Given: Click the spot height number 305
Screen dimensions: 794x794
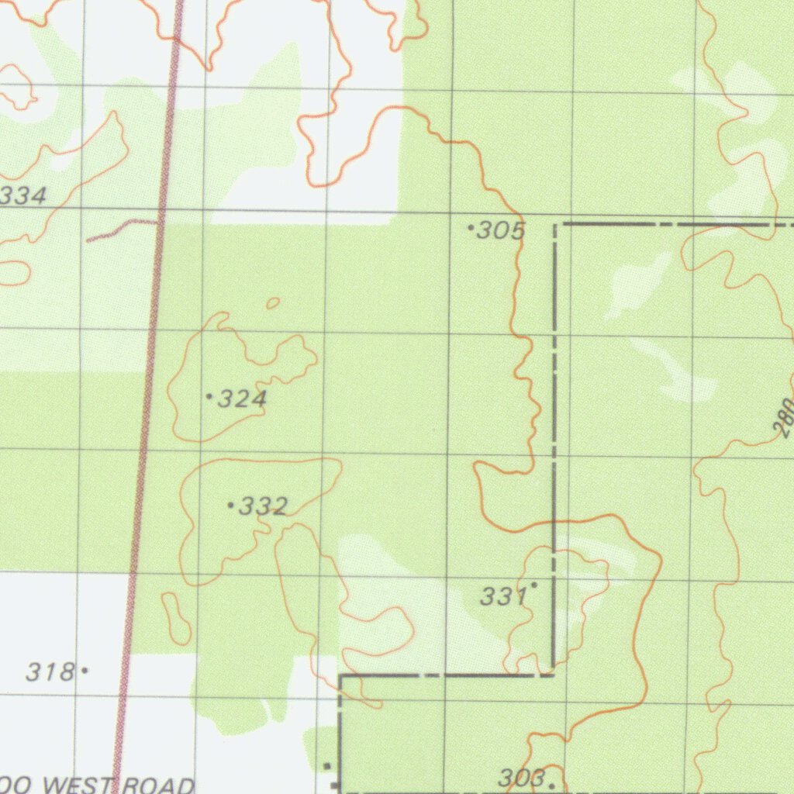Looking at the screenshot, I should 501,230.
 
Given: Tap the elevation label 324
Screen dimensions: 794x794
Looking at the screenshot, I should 242,399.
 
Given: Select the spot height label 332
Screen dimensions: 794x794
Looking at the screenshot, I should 264,507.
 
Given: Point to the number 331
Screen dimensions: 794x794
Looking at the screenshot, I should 503,596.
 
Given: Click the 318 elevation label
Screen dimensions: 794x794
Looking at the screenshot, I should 50,671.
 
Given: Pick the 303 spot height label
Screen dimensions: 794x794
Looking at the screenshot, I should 521,778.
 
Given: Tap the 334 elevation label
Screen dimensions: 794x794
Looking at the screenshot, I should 23,195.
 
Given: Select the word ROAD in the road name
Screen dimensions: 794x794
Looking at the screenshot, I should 158,785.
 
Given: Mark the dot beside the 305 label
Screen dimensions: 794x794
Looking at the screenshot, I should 471,228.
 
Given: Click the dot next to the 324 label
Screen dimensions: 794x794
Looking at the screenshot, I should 209,396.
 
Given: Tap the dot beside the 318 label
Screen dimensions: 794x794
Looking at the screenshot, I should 85,670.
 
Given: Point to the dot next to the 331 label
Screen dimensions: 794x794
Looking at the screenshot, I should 533,585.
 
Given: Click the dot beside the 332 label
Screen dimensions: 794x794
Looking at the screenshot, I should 230,506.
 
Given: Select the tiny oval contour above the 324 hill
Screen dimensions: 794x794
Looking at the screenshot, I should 273,303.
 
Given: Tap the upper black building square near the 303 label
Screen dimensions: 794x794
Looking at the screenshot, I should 326,766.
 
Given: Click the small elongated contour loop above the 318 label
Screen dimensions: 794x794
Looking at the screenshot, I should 177,618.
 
